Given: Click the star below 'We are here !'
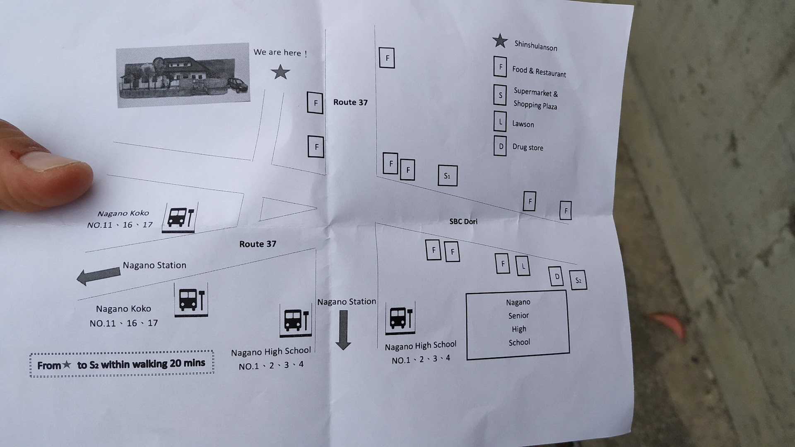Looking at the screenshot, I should [280, 72].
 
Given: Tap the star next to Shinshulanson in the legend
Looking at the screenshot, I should [500, 41].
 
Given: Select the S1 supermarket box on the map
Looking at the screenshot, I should [448, 175].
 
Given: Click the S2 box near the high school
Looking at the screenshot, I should [578, 280].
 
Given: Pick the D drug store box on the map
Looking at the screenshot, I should [556, 276].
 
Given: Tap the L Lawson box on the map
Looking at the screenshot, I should [523, 266].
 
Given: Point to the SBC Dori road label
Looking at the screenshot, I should [463, 221].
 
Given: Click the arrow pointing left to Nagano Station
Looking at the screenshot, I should [99, 276].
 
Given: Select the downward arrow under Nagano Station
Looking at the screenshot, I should [343, 330].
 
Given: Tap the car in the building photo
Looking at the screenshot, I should [238, 85].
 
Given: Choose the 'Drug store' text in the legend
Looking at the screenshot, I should [528, 147].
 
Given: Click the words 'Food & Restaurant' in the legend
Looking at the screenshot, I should [539, 72].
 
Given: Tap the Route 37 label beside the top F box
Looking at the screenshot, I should [350, 102].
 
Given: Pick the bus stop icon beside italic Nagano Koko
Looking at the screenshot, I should [180, 217].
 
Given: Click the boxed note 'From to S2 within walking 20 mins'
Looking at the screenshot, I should [122, 364].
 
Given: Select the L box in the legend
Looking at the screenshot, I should [500, 122].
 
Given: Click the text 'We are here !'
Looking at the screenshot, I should [280, 53].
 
